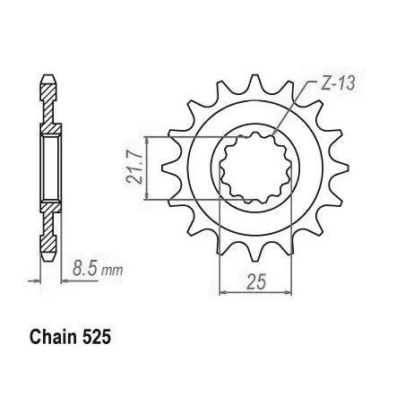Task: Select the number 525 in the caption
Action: click(99, 340)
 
